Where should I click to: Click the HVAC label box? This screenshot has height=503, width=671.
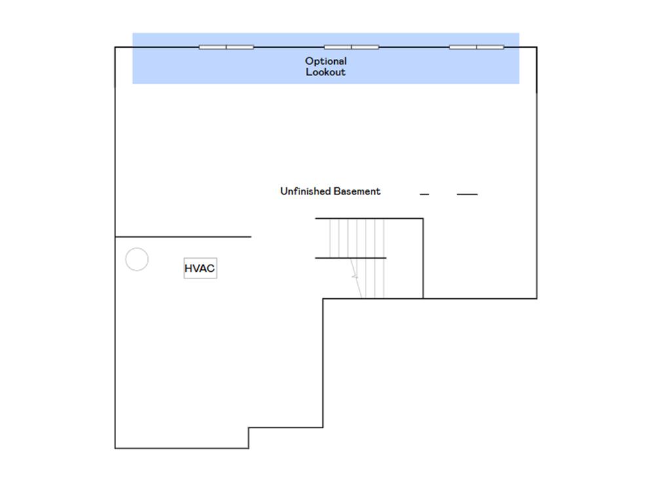pos(201,268)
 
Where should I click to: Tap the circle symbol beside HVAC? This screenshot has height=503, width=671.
pos(137,248)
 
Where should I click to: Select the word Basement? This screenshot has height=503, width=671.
pos(357,191)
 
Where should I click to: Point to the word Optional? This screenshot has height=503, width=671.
pos(326,61)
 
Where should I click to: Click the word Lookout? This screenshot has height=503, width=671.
pos(326,72)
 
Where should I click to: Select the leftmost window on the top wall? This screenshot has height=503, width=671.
pos(226,47)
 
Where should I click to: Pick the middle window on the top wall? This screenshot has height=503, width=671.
pos(351,47)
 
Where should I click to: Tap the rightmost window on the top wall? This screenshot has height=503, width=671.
pos(477,47)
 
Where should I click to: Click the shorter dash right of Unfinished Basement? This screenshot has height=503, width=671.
pos(425,194)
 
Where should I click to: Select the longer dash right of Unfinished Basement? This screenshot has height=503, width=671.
pos(467,194)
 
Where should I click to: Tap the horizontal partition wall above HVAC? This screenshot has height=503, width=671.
pos(183,236)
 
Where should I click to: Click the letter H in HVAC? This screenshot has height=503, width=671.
pos(188,268)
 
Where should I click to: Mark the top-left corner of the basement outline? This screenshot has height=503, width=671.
pos(115,47)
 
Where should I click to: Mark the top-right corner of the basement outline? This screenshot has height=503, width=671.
pos(537,47)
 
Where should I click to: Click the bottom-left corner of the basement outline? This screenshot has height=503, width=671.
pos(115,448)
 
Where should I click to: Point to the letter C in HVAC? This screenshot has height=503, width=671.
pos(210,268)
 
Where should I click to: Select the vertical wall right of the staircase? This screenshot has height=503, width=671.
pos(423,258)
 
